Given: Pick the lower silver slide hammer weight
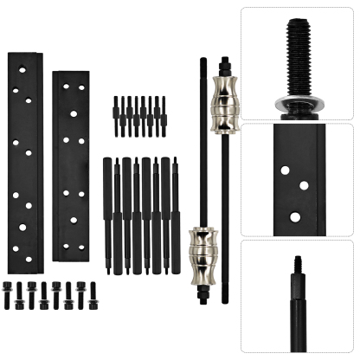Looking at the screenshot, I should pos(202,248).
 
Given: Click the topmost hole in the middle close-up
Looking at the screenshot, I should pos(285,170).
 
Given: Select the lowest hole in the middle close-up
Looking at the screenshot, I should pos(295,216).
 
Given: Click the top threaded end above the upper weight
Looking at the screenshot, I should pos(224,65).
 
